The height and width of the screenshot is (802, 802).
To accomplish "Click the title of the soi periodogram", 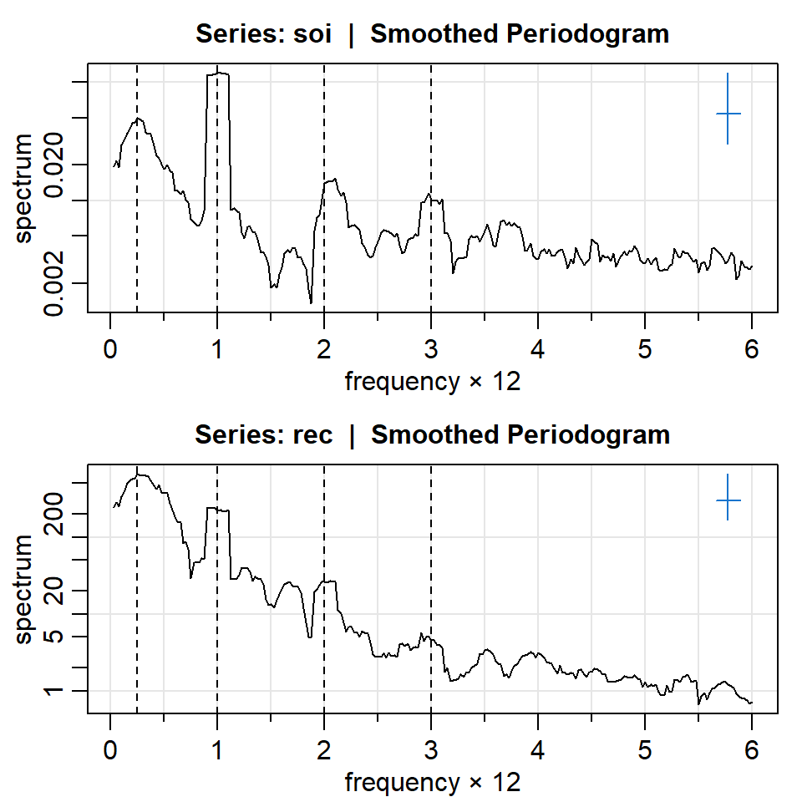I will tap(432, 34).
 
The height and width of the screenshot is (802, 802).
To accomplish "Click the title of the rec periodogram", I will tap(432, 435).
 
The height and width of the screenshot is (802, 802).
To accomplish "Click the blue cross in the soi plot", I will tap(728, 114).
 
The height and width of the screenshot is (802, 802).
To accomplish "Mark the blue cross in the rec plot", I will tap(728, 500).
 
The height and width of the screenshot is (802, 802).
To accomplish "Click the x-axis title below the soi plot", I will tap(432, 382).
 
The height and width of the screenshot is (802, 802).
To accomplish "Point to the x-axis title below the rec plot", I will tap(432, 783).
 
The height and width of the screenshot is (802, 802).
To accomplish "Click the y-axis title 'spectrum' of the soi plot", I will tap(24, 188).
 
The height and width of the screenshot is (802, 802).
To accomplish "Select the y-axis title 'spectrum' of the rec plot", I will tap(24, 589).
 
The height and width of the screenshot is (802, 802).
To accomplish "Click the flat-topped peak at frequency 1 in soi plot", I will tap(218, 74).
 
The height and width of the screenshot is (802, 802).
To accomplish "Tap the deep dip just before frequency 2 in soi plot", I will tap(311, 302).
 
